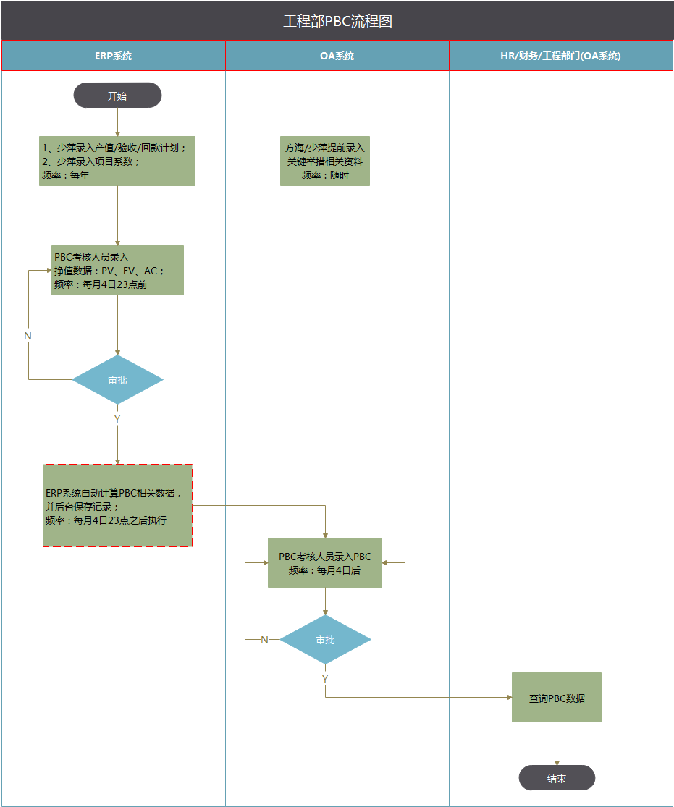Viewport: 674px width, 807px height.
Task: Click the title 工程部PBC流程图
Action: click(x=337, y=21)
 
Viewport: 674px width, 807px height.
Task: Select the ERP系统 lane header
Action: click(x=114, y=56)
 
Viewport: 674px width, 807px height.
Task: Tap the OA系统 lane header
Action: click(x=337, y=56)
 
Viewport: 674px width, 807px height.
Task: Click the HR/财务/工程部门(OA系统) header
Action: click(x=561, y=56)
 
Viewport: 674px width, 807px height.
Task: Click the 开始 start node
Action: click(x=117, y=96)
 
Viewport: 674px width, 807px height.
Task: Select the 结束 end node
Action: click(x=557, y=778)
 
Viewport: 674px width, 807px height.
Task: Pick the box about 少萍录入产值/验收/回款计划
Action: click(x=117, y=161)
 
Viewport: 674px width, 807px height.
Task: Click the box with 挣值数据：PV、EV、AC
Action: click(x=117, y=270)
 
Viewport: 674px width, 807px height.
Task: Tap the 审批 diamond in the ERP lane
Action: click(x=117, y=380)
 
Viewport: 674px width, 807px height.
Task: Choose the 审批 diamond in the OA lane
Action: click(x=325, y=640)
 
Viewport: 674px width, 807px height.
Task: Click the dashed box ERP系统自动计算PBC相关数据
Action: click(x=117, y=505)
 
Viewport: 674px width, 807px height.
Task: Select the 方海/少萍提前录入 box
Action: click(x=325, y=161)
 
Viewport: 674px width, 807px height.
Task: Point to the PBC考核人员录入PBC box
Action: click(x=325, y=563)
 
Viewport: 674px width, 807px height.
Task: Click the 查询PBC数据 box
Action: click(x=557, y=698)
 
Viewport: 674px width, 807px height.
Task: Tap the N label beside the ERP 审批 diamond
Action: click(x=28, y=336)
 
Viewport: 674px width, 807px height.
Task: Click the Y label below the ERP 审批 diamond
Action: click(x=117, y=419)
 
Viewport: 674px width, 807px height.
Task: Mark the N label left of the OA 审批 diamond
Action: click(x=264, y=640)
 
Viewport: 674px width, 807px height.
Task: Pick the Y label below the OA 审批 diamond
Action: click(x=325, y=679)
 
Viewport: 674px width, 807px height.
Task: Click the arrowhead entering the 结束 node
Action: click(x=557, y=762)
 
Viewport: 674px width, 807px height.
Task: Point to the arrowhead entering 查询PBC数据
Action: click(x=508, y=698)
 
